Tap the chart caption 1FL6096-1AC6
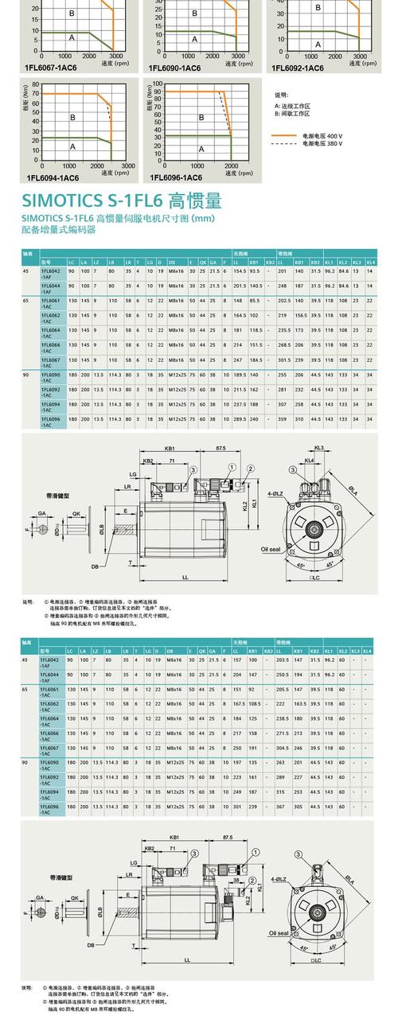[x=176, y=177]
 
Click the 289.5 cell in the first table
[x=240, y=418]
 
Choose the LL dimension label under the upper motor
[x=185, y=577]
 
